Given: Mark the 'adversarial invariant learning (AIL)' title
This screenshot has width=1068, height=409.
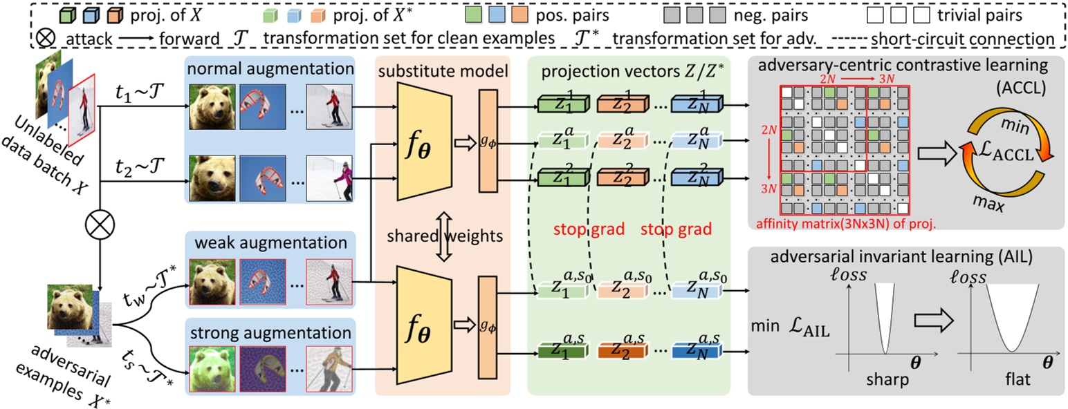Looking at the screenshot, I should (x=905, y=258).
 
